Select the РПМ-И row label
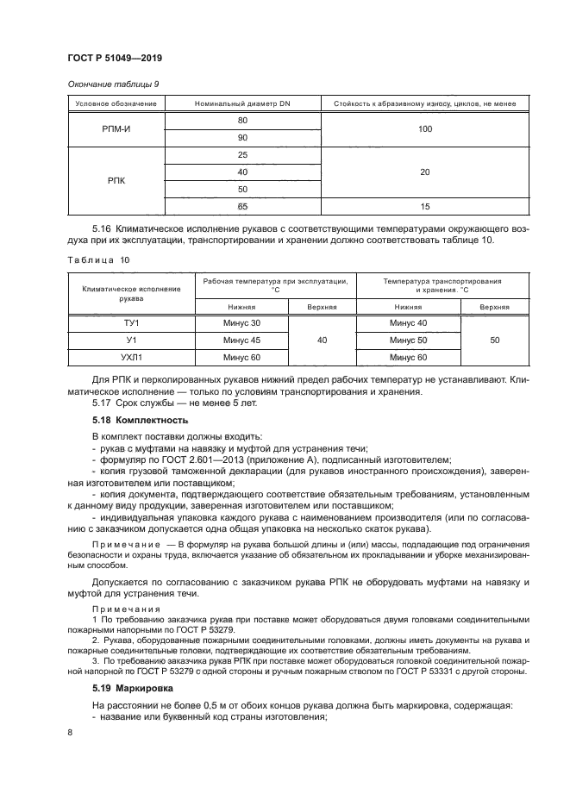(x=116, y=128)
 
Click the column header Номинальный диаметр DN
(x=241, y=104)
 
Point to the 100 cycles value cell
(x=424, y=128)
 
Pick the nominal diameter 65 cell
(x=241, y=207)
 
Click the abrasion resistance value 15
(x=424, y=207)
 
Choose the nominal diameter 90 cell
(x=241, y=138)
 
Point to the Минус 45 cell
(x=241, y=340)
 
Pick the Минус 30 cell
(x=241, y=322)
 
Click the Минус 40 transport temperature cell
(x=408, y=322)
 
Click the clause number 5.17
(x=103, y=403)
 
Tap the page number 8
(x=69, y=732)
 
